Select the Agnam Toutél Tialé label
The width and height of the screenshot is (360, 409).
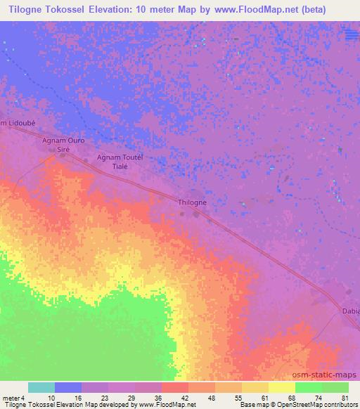click(120, 162)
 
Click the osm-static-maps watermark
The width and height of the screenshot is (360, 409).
click(328, 375)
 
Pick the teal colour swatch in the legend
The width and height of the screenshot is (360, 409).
click(41, 387)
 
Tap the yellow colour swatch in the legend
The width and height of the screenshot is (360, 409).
click(281, 387)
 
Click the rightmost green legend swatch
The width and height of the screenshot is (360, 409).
click(335, 387)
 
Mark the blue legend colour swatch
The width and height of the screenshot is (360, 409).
click(68, 387)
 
